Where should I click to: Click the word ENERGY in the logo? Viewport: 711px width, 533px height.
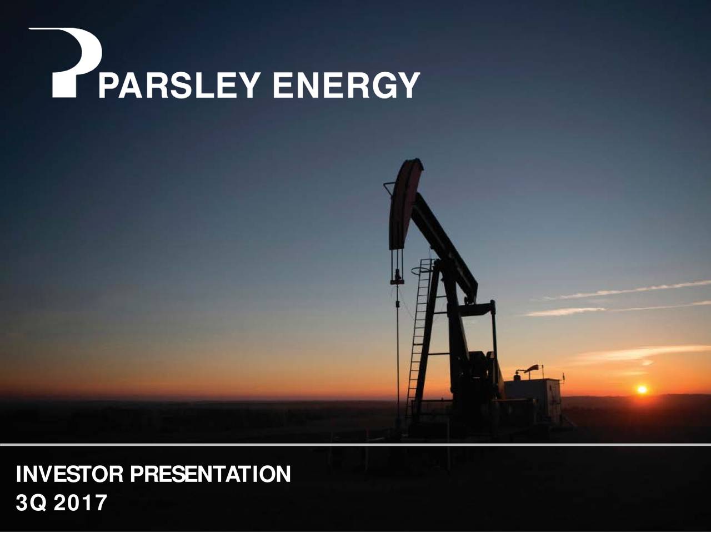346,86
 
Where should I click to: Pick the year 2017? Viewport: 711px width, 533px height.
83,503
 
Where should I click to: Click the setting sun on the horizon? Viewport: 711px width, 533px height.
642,390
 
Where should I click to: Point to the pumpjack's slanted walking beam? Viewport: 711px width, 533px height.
444,244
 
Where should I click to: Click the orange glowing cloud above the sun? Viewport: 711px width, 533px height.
639,353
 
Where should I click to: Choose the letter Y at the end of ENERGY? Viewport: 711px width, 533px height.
409,86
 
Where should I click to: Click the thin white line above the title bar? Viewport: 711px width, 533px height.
355,445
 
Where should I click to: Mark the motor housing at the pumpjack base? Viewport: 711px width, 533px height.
478,378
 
